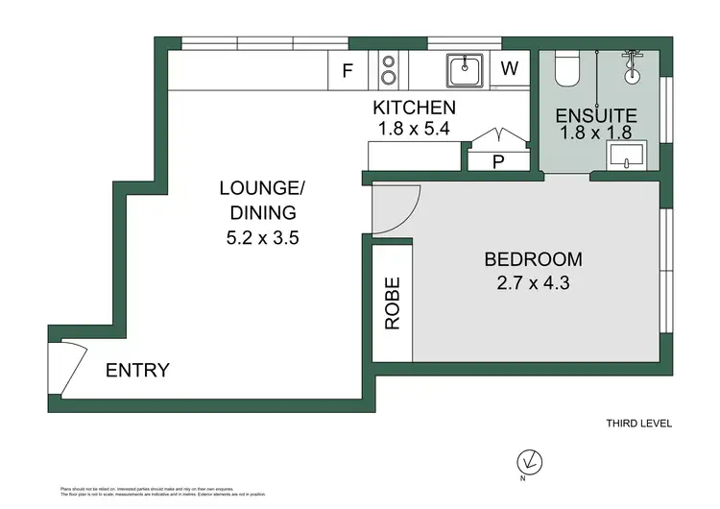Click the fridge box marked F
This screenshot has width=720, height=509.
348,69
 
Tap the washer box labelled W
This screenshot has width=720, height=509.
511,69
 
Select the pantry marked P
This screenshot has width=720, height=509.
497,161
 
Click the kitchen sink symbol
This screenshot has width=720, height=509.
465,68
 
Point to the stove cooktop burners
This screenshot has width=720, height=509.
389,69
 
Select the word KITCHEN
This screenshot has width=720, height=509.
414,108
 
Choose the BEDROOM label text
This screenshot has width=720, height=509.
533,259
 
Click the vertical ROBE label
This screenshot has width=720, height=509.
393,304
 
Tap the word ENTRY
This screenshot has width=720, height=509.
137,370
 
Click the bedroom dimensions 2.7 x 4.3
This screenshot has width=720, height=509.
533,283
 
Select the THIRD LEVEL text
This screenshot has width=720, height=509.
638,424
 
